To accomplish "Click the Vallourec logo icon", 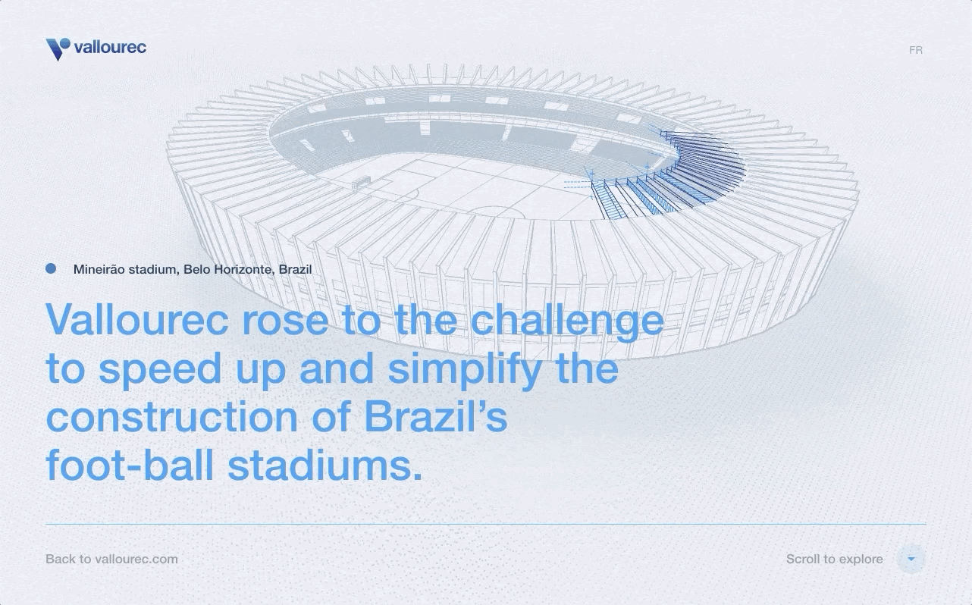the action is pos(58,49).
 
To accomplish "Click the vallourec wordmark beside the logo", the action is pos(110,47).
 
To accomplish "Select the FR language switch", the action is pos(916,50).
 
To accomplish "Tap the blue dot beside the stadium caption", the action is pos(51,268).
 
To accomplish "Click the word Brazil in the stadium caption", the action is pos(295,269).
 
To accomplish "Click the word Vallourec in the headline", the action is pos(137,319).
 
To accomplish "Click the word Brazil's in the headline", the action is pos(436,415).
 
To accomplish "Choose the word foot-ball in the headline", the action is pos(130,464).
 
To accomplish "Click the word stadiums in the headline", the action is pos(325,464).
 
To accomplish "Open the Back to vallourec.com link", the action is pos(111,559).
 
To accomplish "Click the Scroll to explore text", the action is pos(835,559).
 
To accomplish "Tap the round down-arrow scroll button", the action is pos(911,559).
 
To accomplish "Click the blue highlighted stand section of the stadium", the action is pos(677,174).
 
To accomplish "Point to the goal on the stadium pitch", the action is pos(362,182).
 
